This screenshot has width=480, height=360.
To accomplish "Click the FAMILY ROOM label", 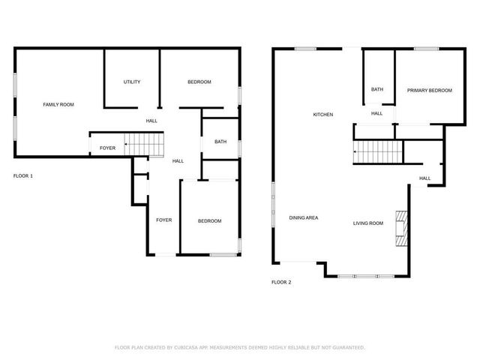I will click(58, 104).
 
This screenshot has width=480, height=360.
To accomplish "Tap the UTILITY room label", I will click(132, 82).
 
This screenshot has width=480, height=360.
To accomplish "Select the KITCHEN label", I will click(322, 115).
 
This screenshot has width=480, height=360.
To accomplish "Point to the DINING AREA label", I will click(304, 217).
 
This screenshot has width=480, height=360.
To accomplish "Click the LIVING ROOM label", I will click(368, 223).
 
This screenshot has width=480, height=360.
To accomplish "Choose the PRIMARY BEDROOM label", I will click(430, 91).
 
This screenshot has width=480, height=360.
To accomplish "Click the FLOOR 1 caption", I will click(23, 175).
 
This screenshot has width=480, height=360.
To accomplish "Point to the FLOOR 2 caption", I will click(280, 282).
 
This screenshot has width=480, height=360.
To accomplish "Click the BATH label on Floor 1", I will click(220, 142).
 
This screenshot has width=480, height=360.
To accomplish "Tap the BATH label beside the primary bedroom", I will click(376, 90).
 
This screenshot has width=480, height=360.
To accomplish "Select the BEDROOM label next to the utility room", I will click(199, 82).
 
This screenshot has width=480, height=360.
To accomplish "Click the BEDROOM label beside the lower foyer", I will click(209, 220).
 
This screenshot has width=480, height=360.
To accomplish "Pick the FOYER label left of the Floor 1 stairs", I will click(108, 148).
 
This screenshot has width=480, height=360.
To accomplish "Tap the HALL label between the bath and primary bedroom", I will click(376, 113).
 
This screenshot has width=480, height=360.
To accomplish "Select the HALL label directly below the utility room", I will click(151, 121).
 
